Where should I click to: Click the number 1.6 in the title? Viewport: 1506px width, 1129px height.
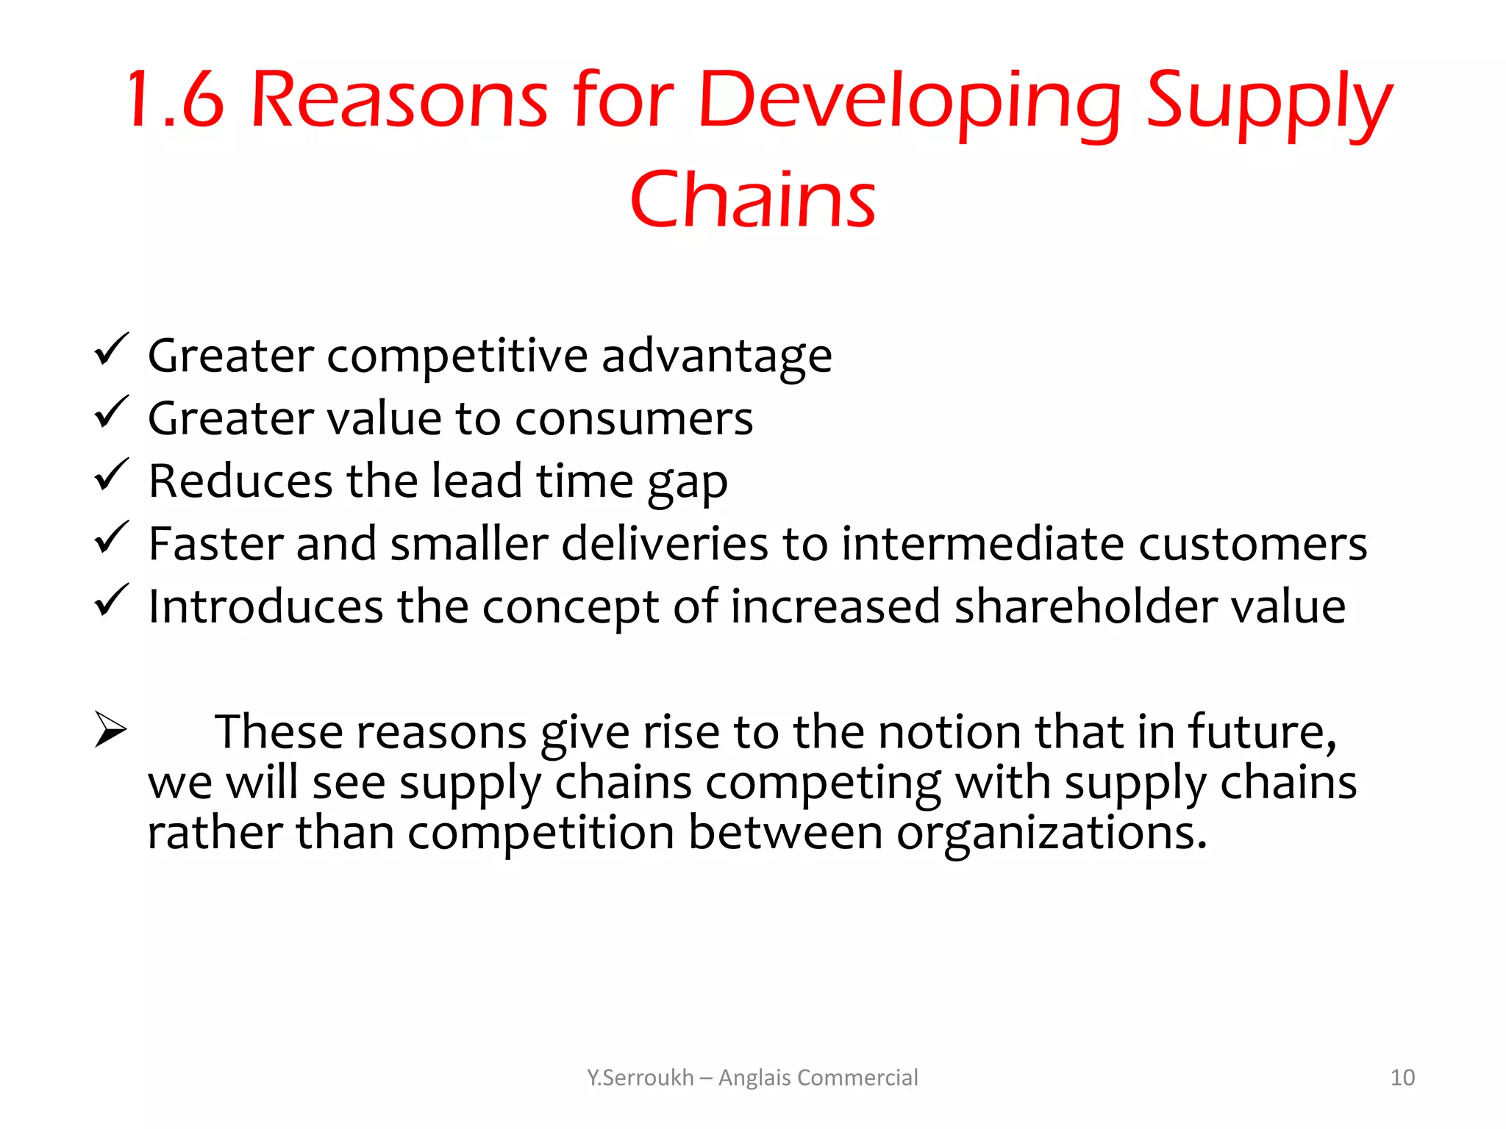click(x=175, y=100)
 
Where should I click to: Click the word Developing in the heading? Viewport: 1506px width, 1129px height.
click(x=909, y=103)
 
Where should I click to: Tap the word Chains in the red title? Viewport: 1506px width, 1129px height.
click(x=752, y=199)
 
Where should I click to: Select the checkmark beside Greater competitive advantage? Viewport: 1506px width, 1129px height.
click(x=112, y=350)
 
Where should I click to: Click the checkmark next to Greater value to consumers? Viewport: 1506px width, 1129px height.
click(x=112, y=412)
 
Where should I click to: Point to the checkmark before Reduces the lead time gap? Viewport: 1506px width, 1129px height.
click(x=112, y=475)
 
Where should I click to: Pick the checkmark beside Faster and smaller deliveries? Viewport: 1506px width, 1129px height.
click(x=112, y=538)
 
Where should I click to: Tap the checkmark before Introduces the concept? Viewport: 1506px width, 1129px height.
click(x=112, y=601)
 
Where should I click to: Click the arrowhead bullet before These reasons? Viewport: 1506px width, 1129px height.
click(x=111, y=730)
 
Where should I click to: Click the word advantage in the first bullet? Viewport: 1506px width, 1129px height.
click(x=716, y=356)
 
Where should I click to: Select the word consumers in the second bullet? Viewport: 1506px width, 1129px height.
click(x=634, y=419)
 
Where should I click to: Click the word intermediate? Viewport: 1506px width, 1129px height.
click(x=982, y=544)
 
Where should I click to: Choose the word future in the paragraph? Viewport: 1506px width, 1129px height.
click(x=1262, y=732)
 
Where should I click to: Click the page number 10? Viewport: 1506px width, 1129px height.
click(x=1402, y=1078)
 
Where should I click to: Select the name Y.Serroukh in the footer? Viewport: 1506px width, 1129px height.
click(x=640, y=1078)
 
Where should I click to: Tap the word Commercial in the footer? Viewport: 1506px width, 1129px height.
click(x=857, y=1078)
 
